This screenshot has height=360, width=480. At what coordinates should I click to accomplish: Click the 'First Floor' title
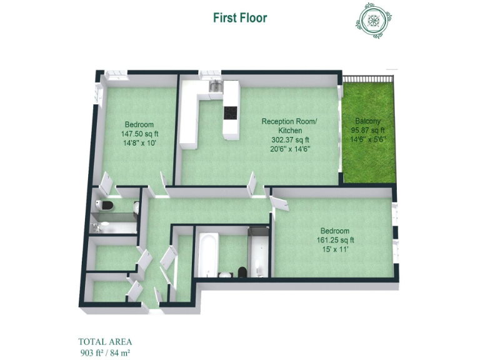tap(240, 17)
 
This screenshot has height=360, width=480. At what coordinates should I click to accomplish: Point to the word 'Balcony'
tap(368, 121)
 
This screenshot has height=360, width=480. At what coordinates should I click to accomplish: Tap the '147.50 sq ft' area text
tap(139, 134)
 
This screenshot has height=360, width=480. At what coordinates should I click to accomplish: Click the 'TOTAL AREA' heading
tap(105, 342)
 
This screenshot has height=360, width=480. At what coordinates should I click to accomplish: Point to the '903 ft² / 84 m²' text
tap(105, 352)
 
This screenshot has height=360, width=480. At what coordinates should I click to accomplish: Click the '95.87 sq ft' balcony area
tap(368, 131)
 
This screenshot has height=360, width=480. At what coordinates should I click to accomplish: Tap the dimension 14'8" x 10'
tap(139, 143)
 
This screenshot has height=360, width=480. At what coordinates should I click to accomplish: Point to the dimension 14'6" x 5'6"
tap(368, 140)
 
